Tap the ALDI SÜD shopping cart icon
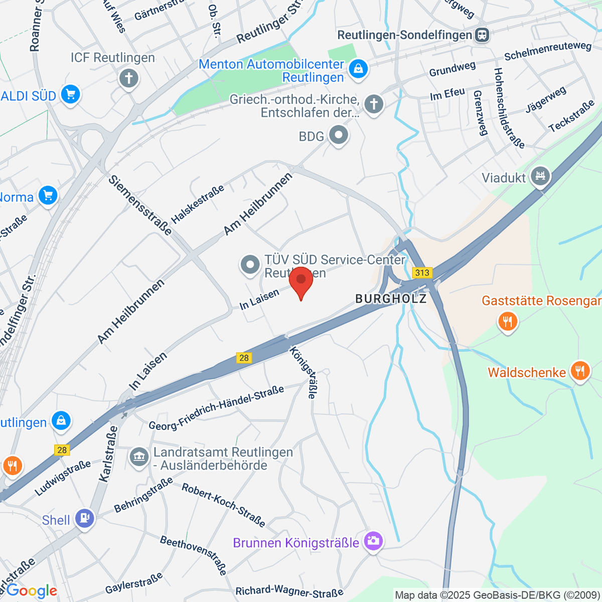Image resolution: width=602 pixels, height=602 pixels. click(x=70, y=94)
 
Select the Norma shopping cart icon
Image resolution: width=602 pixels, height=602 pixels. click(x=48, y=196)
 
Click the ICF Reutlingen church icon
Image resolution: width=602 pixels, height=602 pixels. click(x=129, y=79)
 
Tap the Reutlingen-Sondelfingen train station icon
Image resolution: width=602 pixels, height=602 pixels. click(x=482, y=35)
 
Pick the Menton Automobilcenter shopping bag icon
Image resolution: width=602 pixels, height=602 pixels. click(x=358, y=68)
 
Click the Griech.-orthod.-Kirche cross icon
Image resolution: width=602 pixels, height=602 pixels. click(x=373, y=104)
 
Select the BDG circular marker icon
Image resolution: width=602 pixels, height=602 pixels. click(x=339, y=135)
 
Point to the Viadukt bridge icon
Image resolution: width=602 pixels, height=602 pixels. click(x=540, y=176)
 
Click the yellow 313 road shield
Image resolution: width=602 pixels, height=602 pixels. click(x=422, y=272)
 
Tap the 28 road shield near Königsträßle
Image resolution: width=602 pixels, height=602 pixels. click(x=244, y=358)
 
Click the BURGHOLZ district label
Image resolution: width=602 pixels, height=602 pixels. click(x=391, y=299)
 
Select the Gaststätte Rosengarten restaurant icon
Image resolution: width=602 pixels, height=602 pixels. click(x=508, y=321)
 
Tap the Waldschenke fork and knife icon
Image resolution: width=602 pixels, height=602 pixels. click(x=580, y=372)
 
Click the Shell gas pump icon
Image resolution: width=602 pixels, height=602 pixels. click(x=84, y=518)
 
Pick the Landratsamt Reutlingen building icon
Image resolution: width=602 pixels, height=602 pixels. click(x=139, y=457)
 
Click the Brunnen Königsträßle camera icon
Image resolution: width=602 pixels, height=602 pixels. click(x=373, y=541)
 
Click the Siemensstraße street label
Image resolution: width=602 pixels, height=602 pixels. click(x=140, y=205)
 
